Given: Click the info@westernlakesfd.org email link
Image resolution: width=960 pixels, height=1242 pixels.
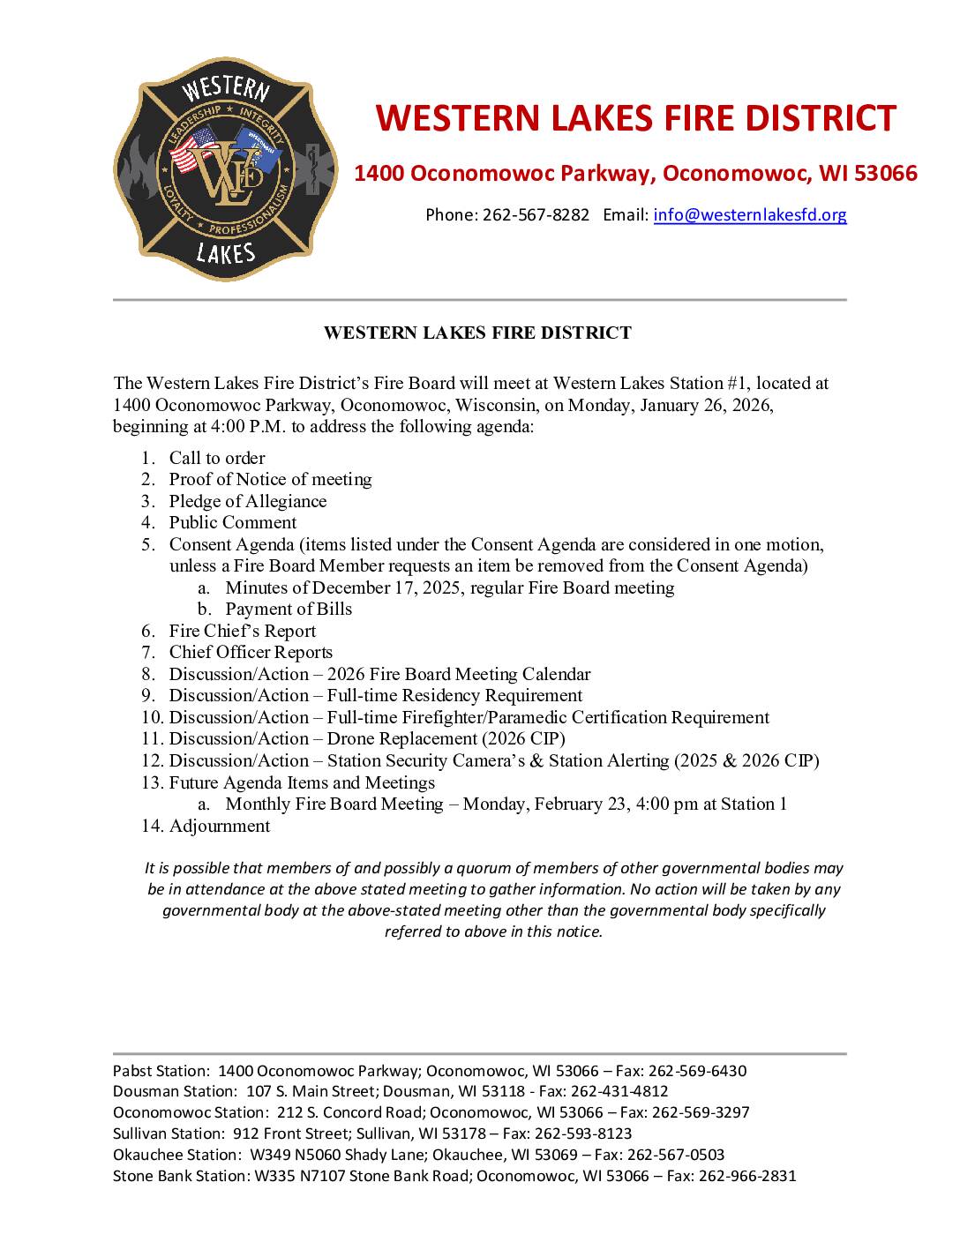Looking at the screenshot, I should point(750,214).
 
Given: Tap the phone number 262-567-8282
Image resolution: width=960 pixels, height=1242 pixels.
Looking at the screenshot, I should point(536,214).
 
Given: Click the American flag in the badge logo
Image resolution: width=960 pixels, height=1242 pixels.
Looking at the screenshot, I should point(192,150).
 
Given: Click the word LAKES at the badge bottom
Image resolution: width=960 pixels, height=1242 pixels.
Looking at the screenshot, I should point(225,254).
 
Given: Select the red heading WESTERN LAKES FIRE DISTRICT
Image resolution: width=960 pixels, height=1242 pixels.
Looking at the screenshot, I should point(635,118).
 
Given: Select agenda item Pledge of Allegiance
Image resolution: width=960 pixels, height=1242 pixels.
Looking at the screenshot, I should point(248,501).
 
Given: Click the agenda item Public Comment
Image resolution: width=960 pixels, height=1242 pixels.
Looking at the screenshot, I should point(233,522).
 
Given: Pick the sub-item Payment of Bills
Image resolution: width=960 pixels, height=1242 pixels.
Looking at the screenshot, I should point(289,609).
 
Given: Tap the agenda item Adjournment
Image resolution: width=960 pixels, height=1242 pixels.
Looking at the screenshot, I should point(220,826).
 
